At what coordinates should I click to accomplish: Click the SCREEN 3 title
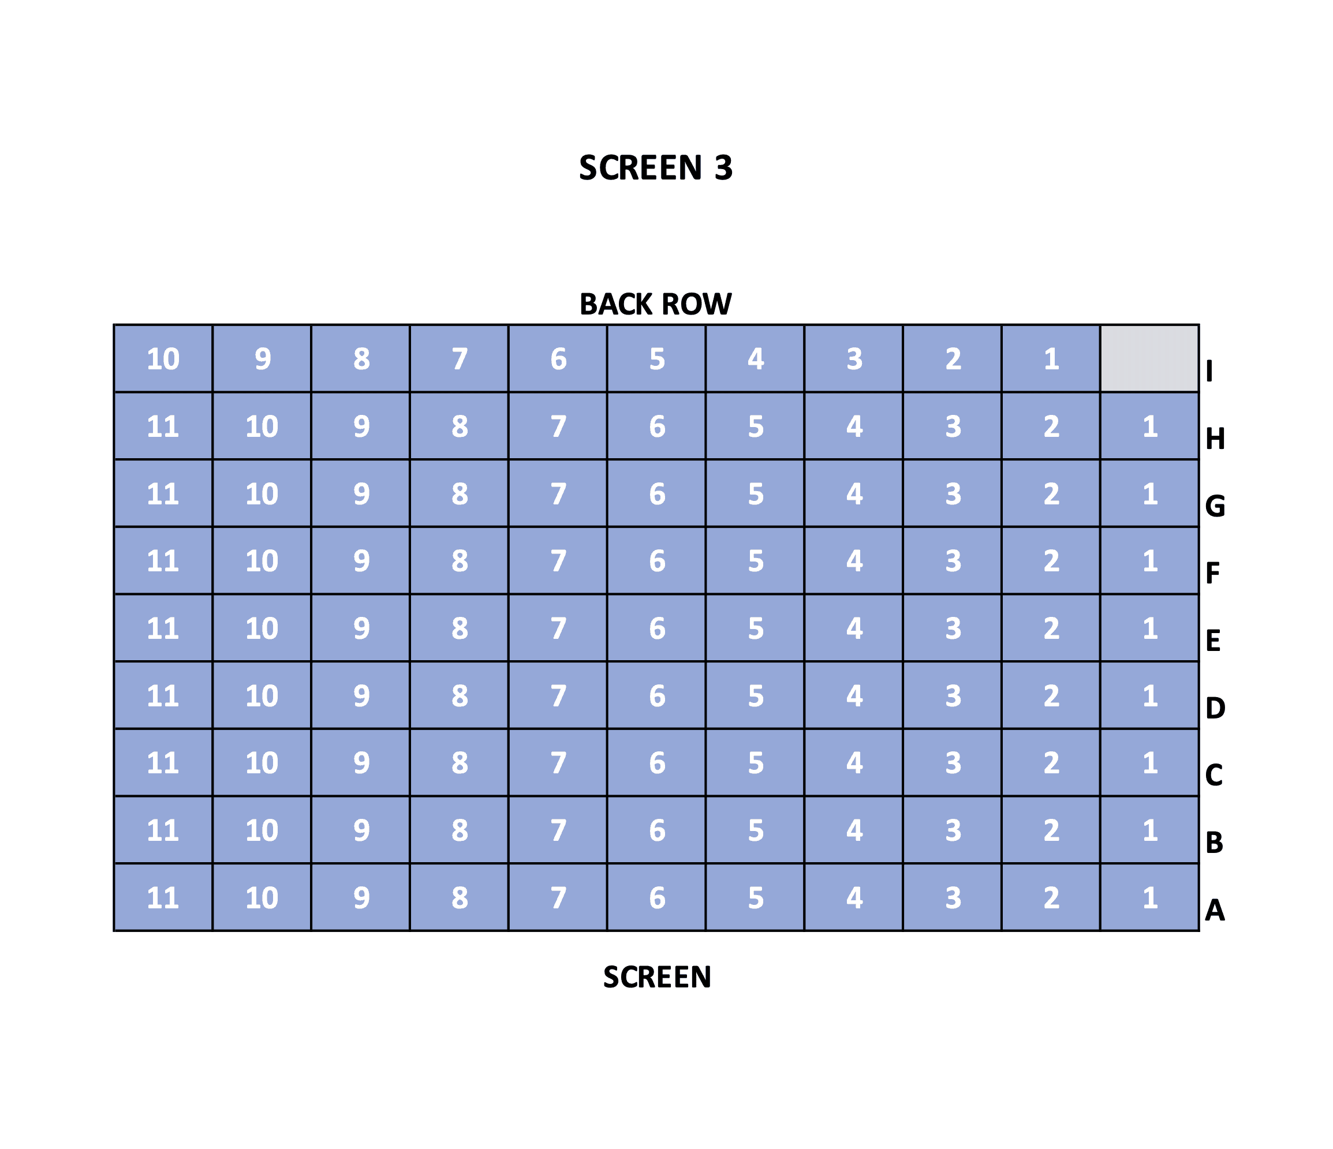click(656, 168)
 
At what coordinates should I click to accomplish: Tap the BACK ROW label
click(656, 304)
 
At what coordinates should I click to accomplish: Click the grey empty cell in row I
click(1149, 359)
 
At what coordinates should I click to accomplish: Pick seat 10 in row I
click(163, 359)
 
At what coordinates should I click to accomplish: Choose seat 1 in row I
click(1051, 359)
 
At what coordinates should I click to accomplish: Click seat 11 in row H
click(163, 426)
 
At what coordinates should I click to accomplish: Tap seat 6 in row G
click(657, 494)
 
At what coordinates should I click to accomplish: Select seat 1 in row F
click(1149, 561)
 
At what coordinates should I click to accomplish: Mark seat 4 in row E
click(854, 628)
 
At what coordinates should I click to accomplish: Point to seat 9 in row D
click(361, 696)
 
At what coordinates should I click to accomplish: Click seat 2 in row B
click(1051, 830)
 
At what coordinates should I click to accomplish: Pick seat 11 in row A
click(163, 897)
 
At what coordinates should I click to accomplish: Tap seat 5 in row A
click(755, 897)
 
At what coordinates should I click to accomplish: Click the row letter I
click(1209, 371)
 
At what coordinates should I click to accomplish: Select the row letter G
click(1215, 506)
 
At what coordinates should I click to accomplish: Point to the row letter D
click(1215, 708)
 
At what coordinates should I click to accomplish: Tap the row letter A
click(1215, 910)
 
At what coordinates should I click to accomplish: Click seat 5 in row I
click(657, 359)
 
